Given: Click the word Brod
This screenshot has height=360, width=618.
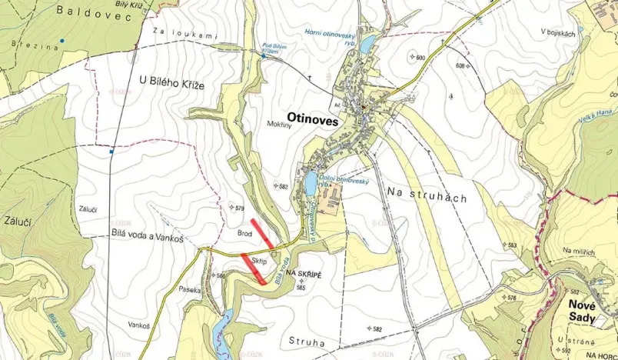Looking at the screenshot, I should click(x=244, y=232).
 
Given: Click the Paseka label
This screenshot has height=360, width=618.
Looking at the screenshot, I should click(x=189, y=291).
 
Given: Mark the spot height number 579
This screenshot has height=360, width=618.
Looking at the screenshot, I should click(x=239, y=208).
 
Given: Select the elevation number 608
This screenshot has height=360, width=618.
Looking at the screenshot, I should click(x=461, y=66).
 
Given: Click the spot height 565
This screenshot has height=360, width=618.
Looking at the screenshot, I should click(x=301, y=287).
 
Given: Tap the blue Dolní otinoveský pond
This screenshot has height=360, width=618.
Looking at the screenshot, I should click(x=310, y=184).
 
